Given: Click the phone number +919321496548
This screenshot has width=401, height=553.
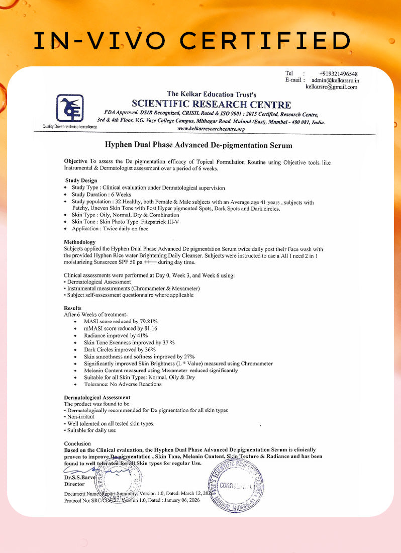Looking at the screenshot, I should [338, 73].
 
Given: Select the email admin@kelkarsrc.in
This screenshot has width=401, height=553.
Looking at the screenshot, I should [335, 80].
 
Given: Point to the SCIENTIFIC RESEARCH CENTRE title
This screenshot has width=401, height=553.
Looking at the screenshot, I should [211, 105].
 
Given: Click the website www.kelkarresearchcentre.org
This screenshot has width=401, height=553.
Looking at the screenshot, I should [211, 129].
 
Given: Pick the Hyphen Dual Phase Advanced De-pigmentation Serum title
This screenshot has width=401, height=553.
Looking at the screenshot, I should [198, 145].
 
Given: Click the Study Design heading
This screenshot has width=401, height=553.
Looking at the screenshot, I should [81, 180].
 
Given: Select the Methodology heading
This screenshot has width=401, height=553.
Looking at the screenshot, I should [79, 242].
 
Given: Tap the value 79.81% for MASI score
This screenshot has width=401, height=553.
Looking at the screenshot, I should [149, 321].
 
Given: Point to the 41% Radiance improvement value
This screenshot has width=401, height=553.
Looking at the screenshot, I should [142, 335].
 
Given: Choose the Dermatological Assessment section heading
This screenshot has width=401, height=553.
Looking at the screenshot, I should [97, 397].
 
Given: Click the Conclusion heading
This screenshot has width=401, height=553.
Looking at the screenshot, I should [77, 443].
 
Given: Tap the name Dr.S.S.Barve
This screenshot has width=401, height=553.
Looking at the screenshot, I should [78, 477].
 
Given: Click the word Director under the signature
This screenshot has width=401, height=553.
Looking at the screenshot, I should [74, 484].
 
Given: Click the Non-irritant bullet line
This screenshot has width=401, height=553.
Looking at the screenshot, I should [80, 417].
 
